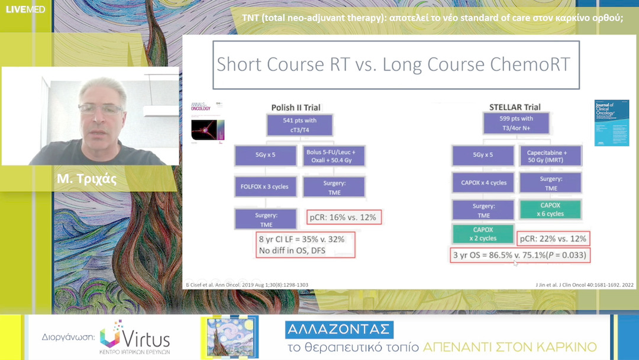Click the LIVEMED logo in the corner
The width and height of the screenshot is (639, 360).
(x=25, y=9)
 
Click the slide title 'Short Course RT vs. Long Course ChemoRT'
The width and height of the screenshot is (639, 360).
(x=393, y=65)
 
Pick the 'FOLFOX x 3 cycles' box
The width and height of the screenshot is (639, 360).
(x=265, y=187)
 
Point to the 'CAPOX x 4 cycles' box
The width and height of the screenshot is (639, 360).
(x=483, y=182)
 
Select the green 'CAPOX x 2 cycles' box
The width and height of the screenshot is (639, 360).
(x=482, y=233)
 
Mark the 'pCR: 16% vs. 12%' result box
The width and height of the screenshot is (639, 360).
(x=343, y=217)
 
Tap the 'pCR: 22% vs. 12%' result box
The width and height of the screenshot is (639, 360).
(x=553, y=238)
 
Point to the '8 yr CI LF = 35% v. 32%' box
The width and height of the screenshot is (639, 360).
(x=305, y=245)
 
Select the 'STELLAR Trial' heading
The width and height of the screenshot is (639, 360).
(x=515, y=107)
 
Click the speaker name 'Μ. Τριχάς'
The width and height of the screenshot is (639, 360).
(x=88, y=180)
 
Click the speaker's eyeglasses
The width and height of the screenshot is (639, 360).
(x=100, y=109)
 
